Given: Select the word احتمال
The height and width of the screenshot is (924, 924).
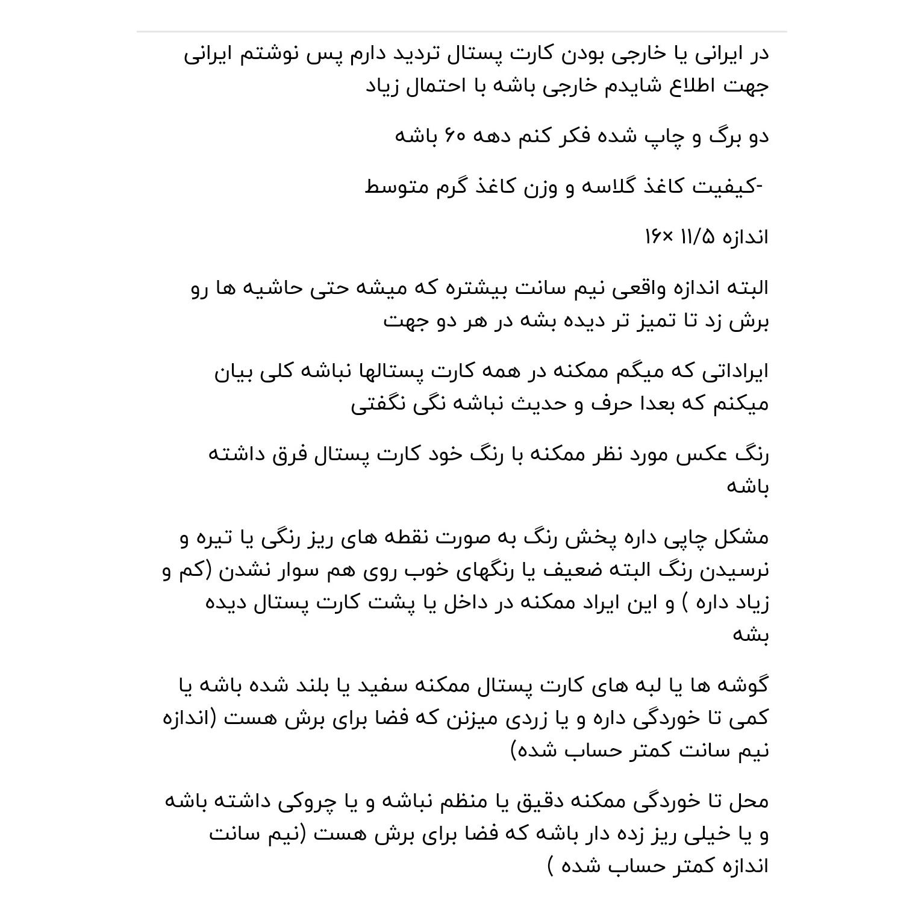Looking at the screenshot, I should (x=432, y=86).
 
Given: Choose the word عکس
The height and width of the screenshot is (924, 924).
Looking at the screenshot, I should (x=699, y=454).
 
